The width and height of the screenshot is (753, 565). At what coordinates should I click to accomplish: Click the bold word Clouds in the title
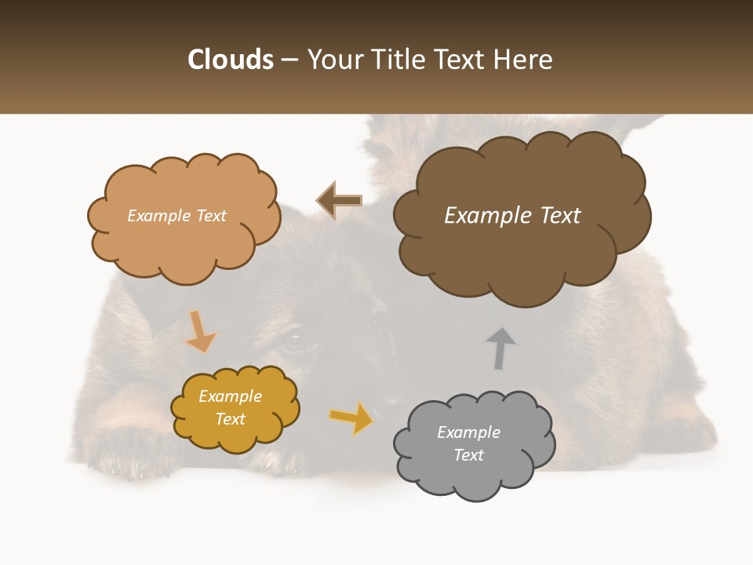tap(230, 60)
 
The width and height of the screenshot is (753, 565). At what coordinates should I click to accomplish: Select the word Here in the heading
tap(524, 60)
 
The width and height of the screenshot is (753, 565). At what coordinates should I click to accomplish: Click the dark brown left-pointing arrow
tap(340, 201)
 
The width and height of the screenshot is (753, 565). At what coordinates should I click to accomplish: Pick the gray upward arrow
tap(500, 348)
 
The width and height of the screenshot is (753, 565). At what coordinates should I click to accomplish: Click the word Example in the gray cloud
tap(468, 432)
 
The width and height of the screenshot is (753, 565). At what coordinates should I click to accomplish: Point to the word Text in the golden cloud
tap(231, 419)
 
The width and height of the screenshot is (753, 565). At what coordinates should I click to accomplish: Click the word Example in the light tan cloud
tap(158, 216)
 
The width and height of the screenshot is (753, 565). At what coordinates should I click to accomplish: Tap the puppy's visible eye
tap(294, 341)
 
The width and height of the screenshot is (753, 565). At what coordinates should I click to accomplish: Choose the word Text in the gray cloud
tap(468, 455)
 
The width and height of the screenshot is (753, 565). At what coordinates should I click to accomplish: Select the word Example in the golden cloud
tap(231, 396)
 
